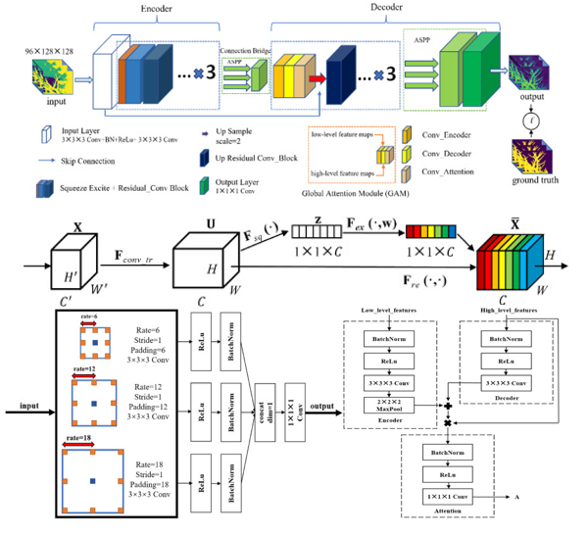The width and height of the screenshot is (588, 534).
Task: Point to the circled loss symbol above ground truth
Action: pos(531,121)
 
